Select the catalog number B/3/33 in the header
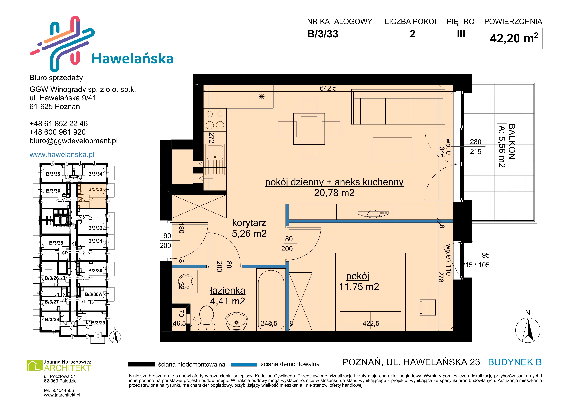pos(323,34)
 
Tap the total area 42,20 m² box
pos(514,38)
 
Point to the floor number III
pos(461,34)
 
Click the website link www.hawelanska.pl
pos(62,154)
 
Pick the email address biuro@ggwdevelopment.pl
pos(74,141)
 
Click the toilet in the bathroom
pos(206,318)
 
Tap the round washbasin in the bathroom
pos(236,321)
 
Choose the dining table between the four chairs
pos(309,129)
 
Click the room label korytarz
pos(249,223)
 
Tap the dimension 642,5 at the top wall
pos(328,88)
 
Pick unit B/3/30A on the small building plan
pos(93,294)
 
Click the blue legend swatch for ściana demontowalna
pos(244,364)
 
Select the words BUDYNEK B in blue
pos(515,362)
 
